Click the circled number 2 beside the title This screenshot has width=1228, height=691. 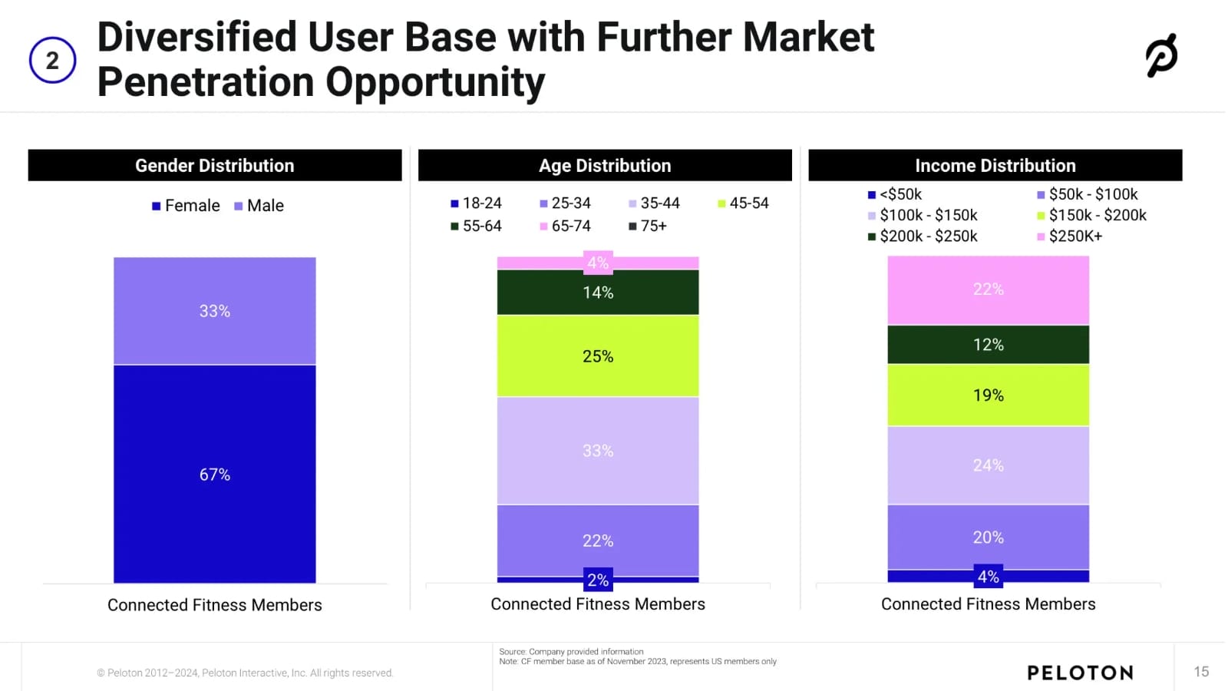pyautogui.click(x=52, y=60)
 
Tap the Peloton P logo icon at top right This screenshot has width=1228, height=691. pyautogui.click(x=1161, y=55)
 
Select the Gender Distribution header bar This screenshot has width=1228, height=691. pyautogui.click(x=215, y=165)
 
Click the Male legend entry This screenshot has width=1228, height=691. pyautogui.click(x=259, y=206)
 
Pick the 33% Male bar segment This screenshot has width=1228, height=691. pyautogui.click(x=215, y=311)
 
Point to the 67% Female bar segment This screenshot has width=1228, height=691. pyautogui.click(x=215, y=474)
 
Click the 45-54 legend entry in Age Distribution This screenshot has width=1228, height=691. pyautogui.click(x=743, y=203)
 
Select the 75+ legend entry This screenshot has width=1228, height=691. pyautogui.click(x=648, y=226)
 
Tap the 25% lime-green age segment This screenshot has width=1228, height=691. pyautogui.click(x=598, y=356)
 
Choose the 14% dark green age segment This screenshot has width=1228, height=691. pyautogui.click(x=598, y=293)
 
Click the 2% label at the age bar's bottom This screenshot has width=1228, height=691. pyautogui.click(x=598, y=580)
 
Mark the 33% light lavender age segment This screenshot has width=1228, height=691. pyautogui.click(x=598, y=451)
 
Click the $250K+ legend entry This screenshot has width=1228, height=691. pyautogui.click(x=1070, y=236)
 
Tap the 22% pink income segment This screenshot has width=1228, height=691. pyautogui.click(x=989, y=289)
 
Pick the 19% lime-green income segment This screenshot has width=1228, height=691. pyautogui.click(x=989, y=395)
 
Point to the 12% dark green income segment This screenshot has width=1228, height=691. pyautogui.click(x=989, y=345)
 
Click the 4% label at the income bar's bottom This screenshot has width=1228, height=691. pyautogui.click(x=989, y=577)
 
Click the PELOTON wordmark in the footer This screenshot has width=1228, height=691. pyautogui.click(x=1080, y=673)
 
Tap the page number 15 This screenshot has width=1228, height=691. pyautogui.click(x=1201, y=672)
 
